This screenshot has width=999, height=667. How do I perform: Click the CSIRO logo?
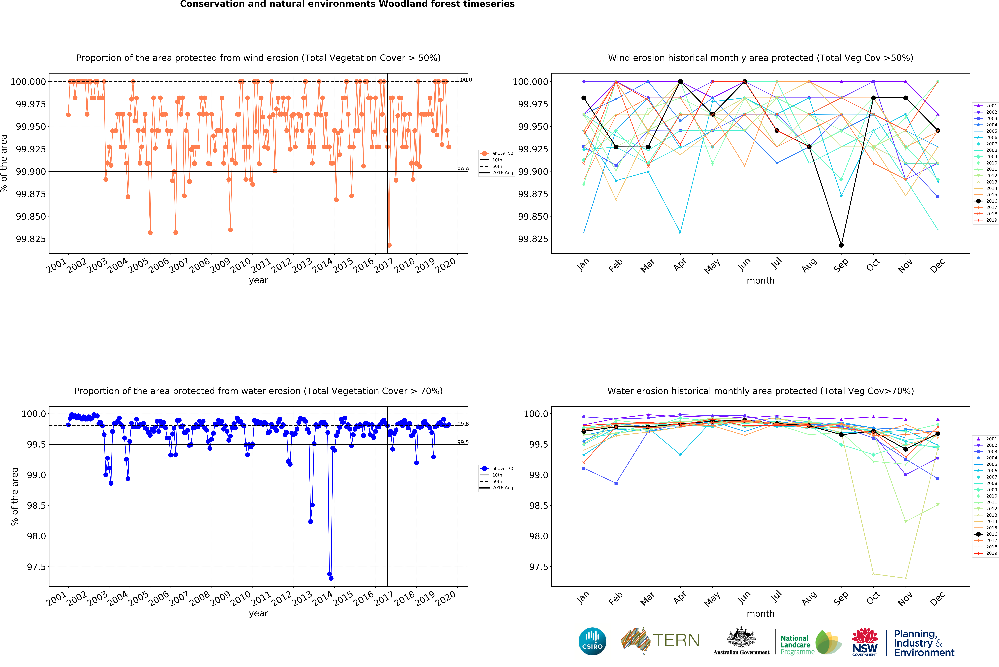592,642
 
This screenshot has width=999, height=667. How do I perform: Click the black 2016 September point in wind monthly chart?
841,245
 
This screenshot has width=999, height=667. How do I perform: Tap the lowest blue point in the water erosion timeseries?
331,578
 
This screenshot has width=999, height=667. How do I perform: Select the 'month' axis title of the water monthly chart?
761,613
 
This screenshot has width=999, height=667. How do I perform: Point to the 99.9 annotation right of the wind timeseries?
463,169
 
